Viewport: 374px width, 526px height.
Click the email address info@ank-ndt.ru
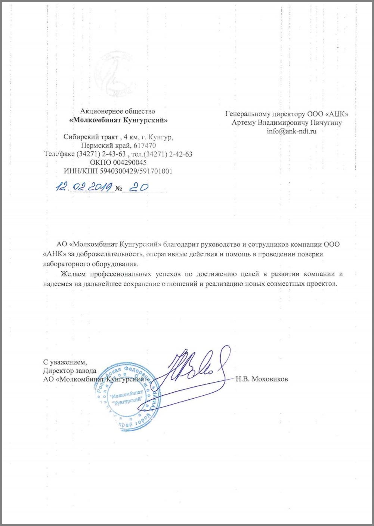click(291, 131)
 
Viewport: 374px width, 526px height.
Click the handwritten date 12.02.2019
click(85, 186)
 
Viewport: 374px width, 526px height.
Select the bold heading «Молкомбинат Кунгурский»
click(118, 120)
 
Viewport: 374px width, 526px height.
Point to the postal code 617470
click(143, 145)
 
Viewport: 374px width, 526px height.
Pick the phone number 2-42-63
click(180, 154)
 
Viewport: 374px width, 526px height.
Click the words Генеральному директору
click(265, 114)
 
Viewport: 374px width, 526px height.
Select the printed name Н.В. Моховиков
click(262, 379)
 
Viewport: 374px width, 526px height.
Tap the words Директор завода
click(69, 371)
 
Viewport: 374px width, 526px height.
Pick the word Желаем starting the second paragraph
click(74, 274)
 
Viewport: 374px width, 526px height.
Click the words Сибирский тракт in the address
click(87, 137)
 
